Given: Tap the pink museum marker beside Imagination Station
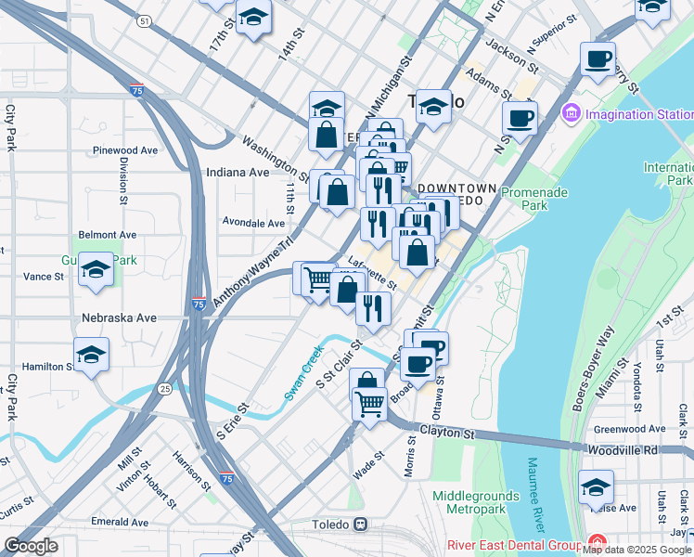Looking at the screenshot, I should point(571,114).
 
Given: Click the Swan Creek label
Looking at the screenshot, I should point(302,373).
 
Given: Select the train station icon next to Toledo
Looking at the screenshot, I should point(358,524).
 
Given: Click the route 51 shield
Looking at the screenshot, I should point(142,20).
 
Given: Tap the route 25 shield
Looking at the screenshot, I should point(163,387).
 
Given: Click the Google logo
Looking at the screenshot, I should point(32,546).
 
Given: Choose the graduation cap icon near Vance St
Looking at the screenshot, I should point(96,270).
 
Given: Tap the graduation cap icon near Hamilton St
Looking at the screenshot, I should point(91,355).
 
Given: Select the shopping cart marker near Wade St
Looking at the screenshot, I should point(370,405).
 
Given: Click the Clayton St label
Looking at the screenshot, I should point(446,434).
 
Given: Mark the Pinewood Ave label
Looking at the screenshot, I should point(124,149).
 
